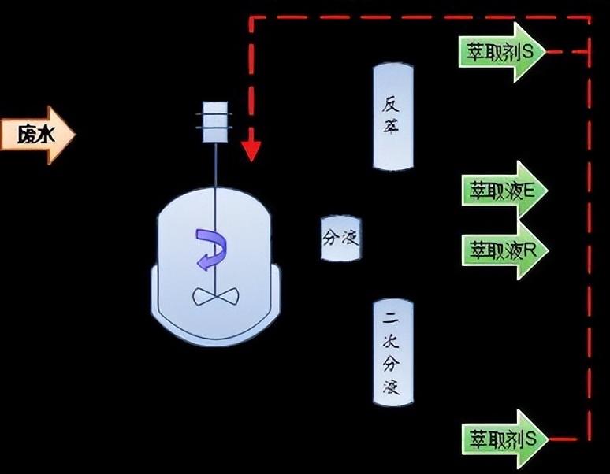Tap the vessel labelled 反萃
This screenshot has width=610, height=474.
point(393,116)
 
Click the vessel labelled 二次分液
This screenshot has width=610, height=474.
point(393,353)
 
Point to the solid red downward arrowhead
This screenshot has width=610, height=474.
point(251,150)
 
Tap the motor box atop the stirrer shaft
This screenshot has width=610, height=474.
point(214,122)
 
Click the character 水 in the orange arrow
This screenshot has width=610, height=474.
point(46,135)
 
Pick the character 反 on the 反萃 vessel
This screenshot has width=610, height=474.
point(393,106)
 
